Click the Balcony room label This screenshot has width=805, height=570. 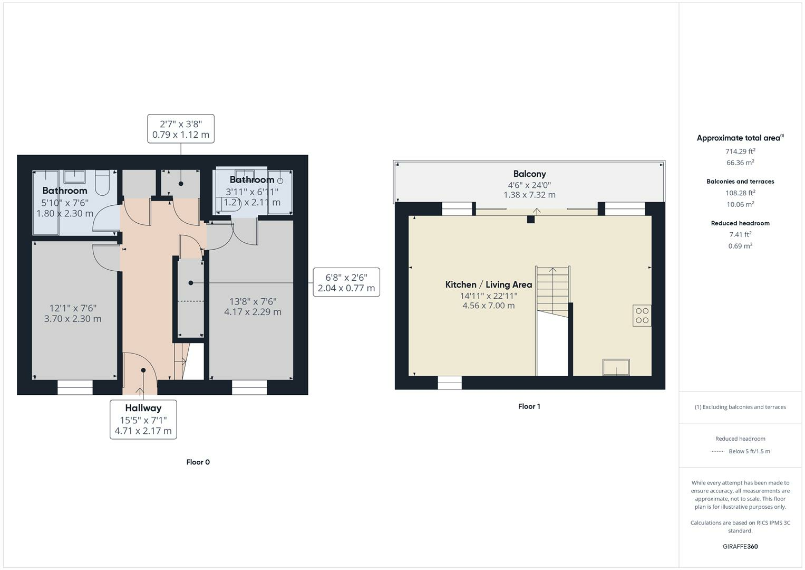(529, 174)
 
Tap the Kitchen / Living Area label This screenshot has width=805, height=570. (488, 284)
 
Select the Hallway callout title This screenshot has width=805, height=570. (143, 408)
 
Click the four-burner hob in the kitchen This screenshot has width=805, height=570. (642, 316)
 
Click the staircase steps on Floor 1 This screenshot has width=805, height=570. (552, 288)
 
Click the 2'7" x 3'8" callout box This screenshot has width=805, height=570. (181, 129)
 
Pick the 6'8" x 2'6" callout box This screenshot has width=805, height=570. (346, 282)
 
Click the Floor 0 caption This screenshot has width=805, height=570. (198, 462)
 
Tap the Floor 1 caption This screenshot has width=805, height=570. (529, 406)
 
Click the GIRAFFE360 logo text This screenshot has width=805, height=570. (740, 547)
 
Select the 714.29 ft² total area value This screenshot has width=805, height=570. (740, 151)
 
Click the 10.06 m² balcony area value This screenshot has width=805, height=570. (740, 204)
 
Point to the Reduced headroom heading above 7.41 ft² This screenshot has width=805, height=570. (740, 223)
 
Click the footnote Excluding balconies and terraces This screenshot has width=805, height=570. (740, 407)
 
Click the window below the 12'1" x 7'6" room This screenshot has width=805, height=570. (75, 388)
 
